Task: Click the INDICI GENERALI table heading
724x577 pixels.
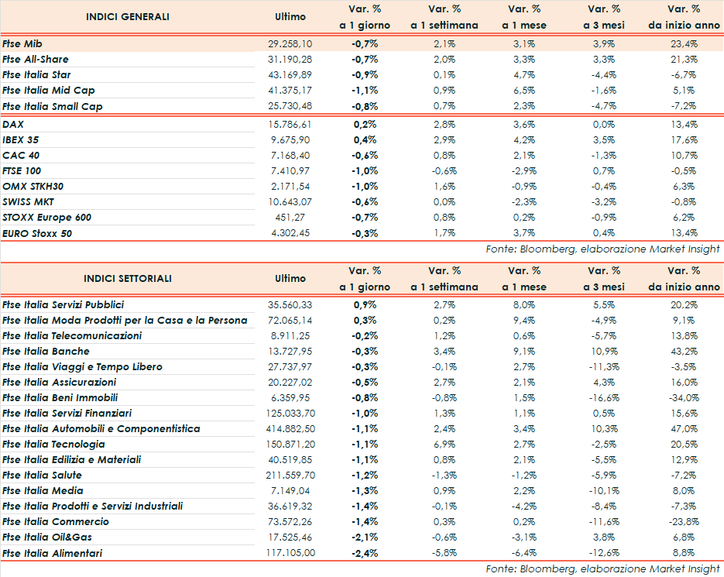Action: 128,16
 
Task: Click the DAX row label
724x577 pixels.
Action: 13,124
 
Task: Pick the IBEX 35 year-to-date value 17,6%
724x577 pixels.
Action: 684,139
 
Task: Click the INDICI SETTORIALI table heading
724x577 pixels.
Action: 128,278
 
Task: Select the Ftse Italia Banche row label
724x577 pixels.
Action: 46,351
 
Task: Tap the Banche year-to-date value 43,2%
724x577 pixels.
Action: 684,351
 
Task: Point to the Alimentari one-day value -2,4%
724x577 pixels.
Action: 365,552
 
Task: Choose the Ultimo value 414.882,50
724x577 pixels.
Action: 287,428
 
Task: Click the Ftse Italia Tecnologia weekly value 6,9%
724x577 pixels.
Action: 444,444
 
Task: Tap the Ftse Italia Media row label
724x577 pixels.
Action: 43,490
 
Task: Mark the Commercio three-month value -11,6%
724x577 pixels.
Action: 604,521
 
